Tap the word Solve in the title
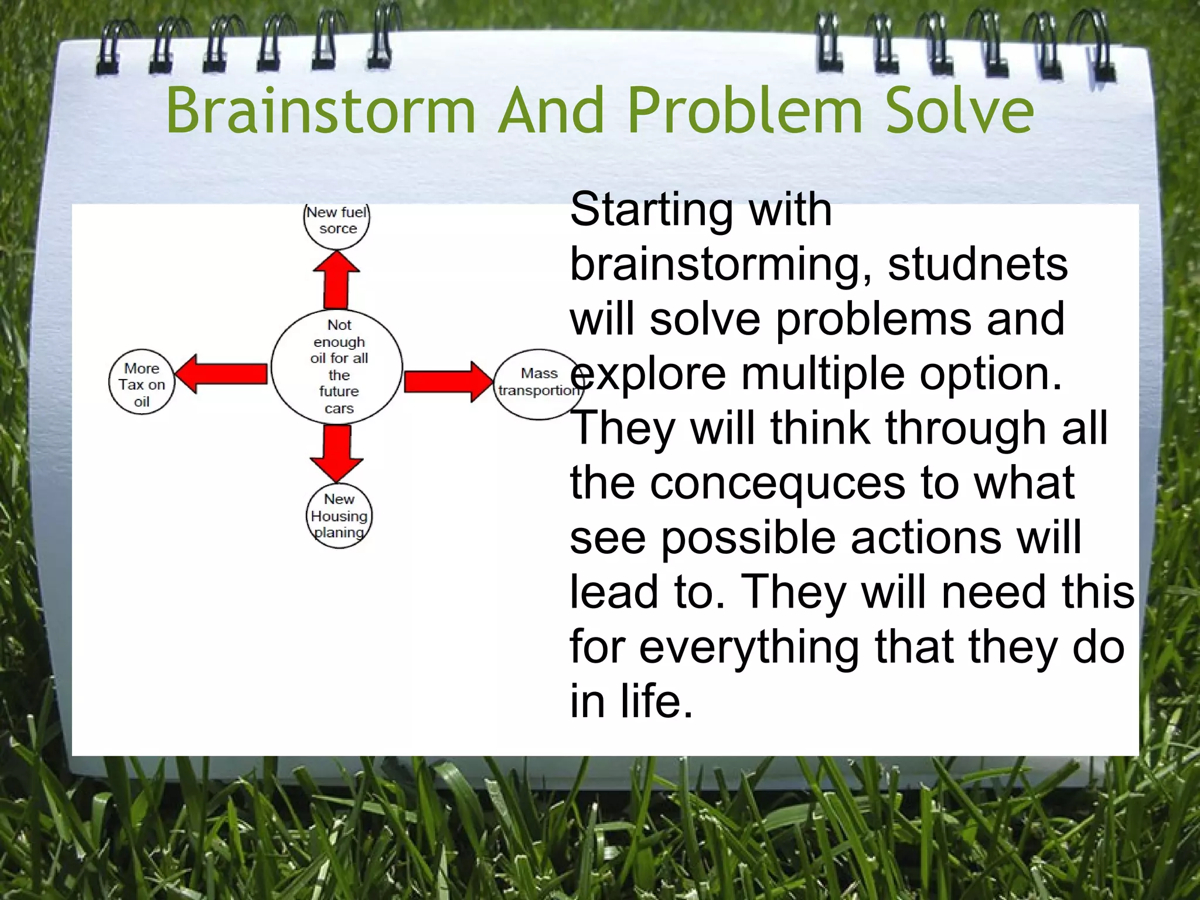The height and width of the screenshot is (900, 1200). [959, 111]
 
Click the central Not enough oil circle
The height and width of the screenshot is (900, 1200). [337, 366]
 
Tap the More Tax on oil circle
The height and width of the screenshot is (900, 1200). [142, 384]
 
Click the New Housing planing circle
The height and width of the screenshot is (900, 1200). [339, 516]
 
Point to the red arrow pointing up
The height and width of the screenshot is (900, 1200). [336, 281]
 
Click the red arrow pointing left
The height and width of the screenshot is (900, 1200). [223, 373]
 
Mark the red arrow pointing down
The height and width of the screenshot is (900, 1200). [336, 451]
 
